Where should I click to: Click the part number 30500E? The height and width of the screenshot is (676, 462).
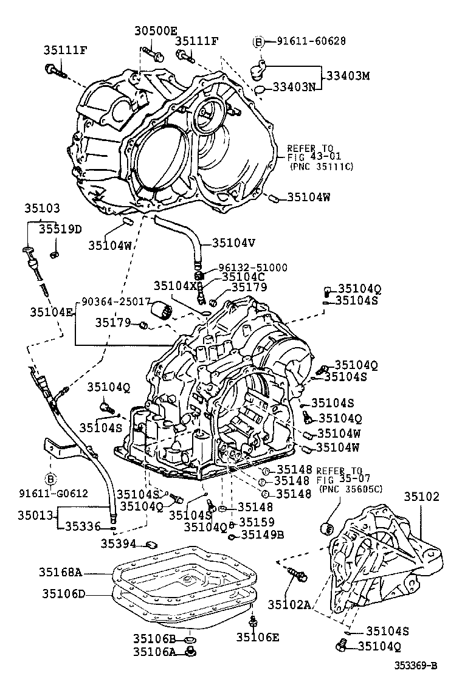pyautogui.click(x=156, y=31)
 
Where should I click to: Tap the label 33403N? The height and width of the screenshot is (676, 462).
pyautogui.click(x=294, y=87)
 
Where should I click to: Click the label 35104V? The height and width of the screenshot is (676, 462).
pyautogui.click(x=233, y=243)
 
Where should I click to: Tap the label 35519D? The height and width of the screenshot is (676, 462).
pyautogui.click(x=60, y=229)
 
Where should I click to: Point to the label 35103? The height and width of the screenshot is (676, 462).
pyautogui.click(x=42, y=208)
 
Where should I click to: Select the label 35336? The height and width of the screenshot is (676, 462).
pyautogui.click(x=82, y=526)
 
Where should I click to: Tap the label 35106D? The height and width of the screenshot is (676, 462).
pyautogui.click(x=64, y=593)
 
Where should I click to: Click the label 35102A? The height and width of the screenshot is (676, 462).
pyautogui.click(x=289, y=604)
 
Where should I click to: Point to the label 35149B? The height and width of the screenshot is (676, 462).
pyautogui.click(x=263, y=535)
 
